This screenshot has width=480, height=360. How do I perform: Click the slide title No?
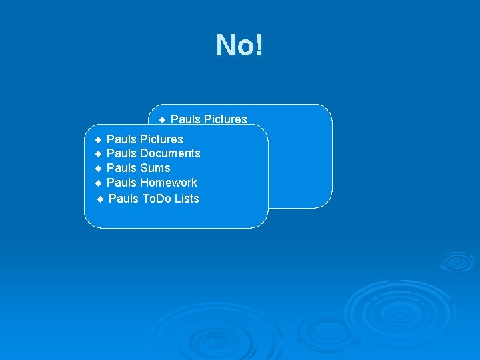pos(239,45)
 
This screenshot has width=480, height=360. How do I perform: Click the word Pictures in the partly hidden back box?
pos(225,119)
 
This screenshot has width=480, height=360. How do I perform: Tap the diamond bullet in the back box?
pos(162,120)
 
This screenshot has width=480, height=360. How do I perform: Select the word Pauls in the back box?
pos(185,119)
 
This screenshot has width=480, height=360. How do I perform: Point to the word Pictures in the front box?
pos(161,139)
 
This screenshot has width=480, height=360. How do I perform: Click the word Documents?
pos(170,153)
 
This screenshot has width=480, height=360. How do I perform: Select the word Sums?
pos(155,168)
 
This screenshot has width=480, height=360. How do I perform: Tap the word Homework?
pos(169,183)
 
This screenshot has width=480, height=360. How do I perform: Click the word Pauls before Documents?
pos(121,153)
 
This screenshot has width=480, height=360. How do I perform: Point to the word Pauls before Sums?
pos(121,168)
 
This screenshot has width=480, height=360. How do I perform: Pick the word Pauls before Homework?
pos(121,183)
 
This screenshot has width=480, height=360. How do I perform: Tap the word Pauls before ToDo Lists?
pos(123,199)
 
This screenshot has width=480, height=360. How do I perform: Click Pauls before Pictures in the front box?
pos(121,139)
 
